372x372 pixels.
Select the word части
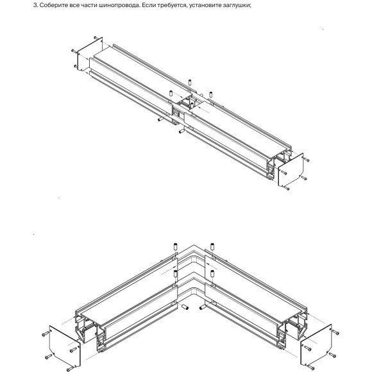(x=93, y=6)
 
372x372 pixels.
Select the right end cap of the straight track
(x=289, y=169)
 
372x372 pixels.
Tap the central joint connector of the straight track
(x=189, y=106)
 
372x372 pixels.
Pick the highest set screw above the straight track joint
(x=190, y=81)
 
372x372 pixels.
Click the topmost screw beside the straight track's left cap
(x=95, y=38)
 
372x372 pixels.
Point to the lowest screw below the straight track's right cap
(x=287, y=189)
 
